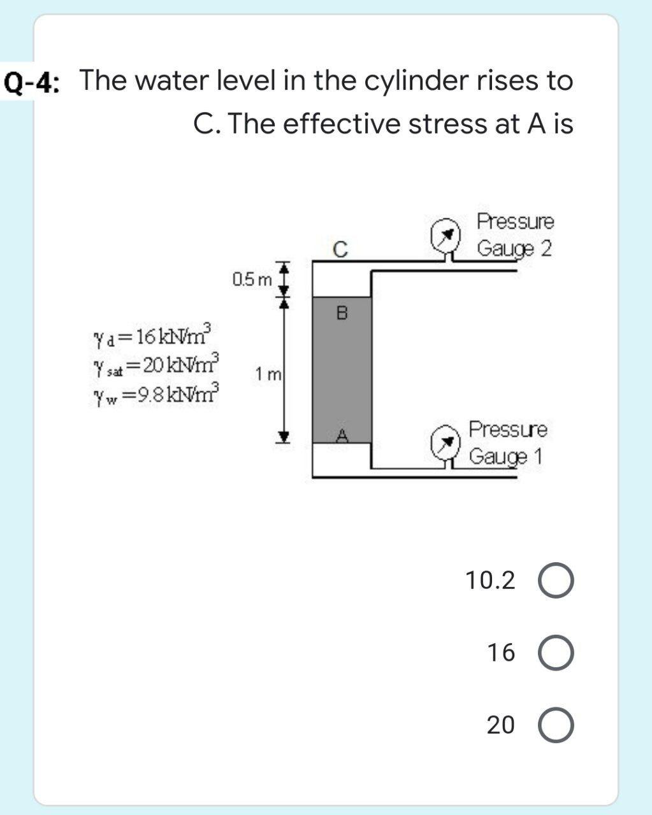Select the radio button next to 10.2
tap(556, 581)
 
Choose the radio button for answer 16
tap(556, 653)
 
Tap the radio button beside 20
tap(556, 725)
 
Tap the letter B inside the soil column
tap(342, 313)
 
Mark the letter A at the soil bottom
tap(342, 436)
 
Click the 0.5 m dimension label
tap(252, 279)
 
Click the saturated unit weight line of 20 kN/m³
tap(156, 362)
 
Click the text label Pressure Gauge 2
tap(516, 234)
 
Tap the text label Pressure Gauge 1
tap(508, 443)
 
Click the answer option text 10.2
tap(489, 581)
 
